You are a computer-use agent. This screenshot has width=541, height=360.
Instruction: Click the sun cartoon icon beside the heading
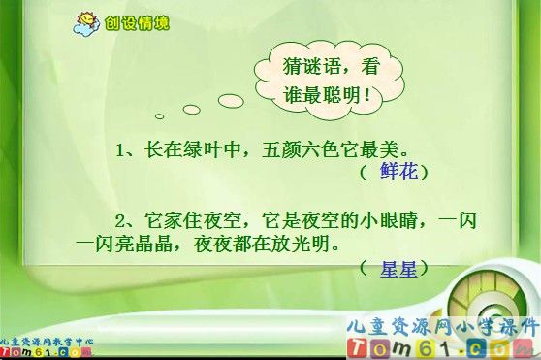click(x=85, y=21)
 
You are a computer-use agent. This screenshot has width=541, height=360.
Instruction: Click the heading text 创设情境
click(x=137, y=21)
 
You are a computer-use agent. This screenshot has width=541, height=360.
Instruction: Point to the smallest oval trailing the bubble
click(x=159, y=116)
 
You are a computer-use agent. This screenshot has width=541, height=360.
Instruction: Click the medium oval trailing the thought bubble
click(x=192, y=109)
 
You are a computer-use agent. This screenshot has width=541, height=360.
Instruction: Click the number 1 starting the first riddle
click(x=121, y=150)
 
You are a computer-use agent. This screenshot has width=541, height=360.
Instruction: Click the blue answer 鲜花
click(x=398, y=172)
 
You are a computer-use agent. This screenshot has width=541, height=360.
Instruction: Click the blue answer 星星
click(x=398, y=266)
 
